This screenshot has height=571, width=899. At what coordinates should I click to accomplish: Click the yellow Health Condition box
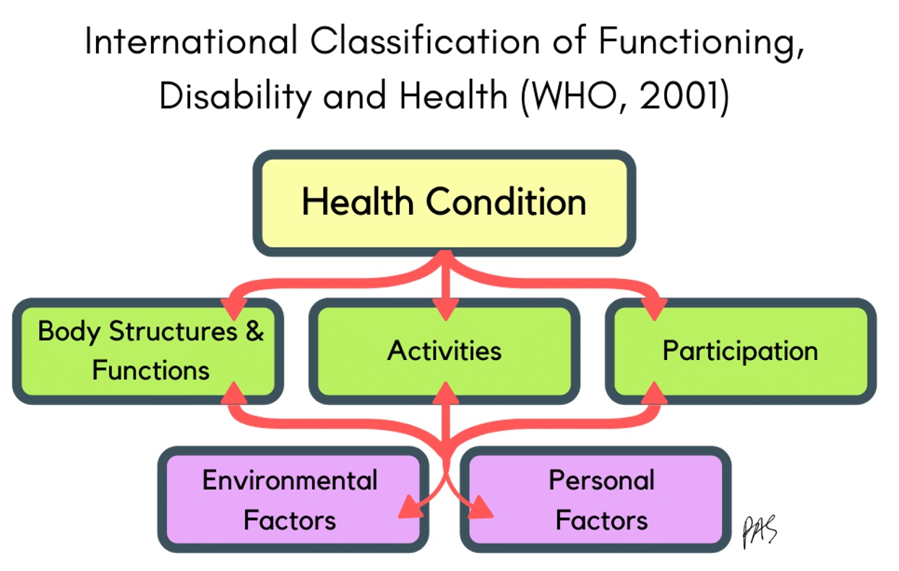tap(444, 203)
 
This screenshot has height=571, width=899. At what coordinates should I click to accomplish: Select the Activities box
tap(444, 351)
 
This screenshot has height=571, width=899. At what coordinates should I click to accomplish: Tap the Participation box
tap(741, 351)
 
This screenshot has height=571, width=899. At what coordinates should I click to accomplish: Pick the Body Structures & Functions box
tap(148, 351)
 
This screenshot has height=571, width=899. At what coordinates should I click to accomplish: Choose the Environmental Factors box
tap(293, 499)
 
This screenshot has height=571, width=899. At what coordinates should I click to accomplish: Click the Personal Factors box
tap(595, 499)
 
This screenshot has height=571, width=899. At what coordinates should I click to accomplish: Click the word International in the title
tap(191, 41)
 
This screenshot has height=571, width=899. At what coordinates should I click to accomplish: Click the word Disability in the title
tap(236, 97)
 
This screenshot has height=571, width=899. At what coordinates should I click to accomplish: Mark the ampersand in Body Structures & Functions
tap(254, 331)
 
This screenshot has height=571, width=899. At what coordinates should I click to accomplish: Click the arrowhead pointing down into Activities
tap(445, 309)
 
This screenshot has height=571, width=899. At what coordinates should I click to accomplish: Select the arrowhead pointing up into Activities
tap(445, 393)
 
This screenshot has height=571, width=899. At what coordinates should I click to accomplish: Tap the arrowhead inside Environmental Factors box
tap(410, 507)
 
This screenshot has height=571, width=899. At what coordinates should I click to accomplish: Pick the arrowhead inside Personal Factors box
tap(481, 507)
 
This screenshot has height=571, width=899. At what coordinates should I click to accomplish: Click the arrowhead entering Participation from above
tap(654, 309)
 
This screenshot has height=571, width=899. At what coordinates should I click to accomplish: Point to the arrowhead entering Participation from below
tap(654, 393)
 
